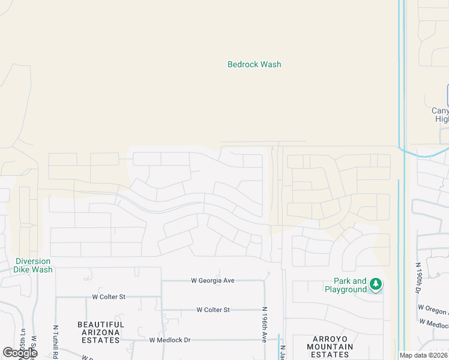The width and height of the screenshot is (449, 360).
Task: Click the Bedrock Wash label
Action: (254, 64)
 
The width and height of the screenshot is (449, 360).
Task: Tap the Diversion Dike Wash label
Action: (34, 265)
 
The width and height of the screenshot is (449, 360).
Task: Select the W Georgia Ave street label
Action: (212, 280)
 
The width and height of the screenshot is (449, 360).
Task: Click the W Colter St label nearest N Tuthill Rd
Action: (108, 296)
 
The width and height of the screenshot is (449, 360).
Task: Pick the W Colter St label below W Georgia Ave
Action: (213, 310)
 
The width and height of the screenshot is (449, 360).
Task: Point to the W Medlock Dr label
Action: (170, 340)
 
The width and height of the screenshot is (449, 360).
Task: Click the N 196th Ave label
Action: (264, 325)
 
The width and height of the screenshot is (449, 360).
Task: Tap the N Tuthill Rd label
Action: (55, 341)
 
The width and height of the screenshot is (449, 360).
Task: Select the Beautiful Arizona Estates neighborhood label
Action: (101, 332)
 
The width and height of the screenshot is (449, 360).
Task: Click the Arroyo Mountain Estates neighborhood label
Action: (330, 346)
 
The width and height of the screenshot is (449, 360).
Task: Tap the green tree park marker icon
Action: (376, 284)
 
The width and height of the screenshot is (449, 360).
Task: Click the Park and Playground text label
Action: (346, 285)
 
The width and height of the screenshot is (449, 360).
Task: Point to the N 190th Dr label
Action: (418, 277)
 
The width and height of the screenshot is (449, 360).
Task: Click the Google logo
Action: (19, 353)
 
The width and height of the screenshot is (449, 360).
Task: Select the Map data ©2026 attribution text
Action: (424, 355)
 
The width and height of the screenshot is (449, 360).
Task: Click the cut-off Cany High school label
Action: (441, 115)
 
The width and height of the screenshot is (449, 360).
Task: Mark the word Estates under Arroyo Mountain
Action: (330, 354)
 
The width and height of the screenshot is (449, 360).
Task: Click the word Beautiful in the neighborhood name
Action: (101, 325)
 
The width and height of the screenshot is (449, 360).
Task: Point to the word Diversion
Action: (34, 261)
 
